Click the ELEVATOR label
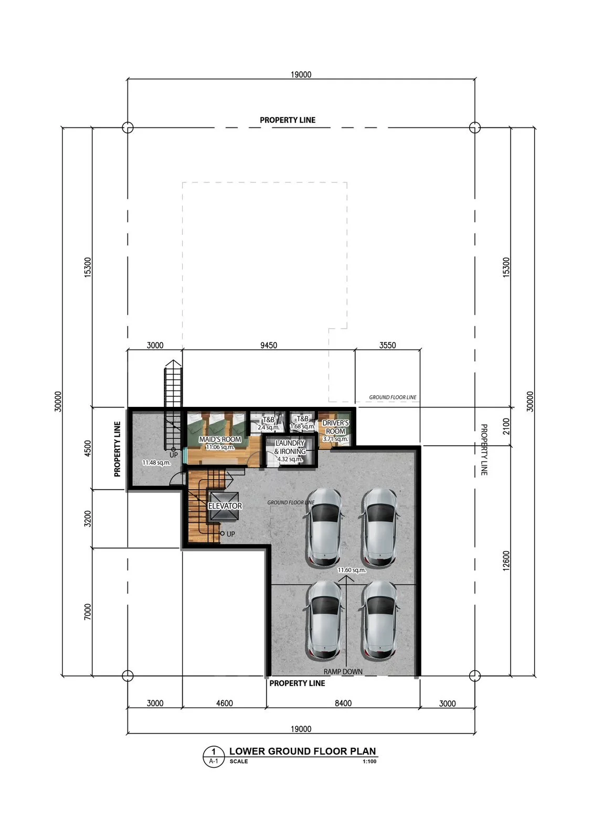point(225,505)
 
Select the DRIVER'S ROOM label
point(335,427)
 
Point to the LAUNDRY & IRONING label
point(290,447)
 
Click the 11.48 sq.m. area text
point(156,462)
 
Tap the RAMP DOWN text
point(343,672)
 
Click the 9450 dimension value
point(269,345)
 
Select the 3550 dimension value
point(387,345)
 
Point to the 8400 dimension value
point(343,703)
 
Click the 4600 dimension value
point(225,703)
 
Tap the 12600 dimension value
point(506,561)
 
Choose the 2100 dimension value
point(506,426)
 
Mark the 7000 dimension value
point(87,611)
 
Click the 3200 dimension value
point(87,519)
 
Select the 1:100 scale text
point(369,761)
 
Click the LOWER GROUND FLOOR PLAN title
point(302,751)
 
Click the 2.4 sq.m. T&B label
point(269,423)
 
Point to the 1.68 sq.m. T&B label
point(303,423)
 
